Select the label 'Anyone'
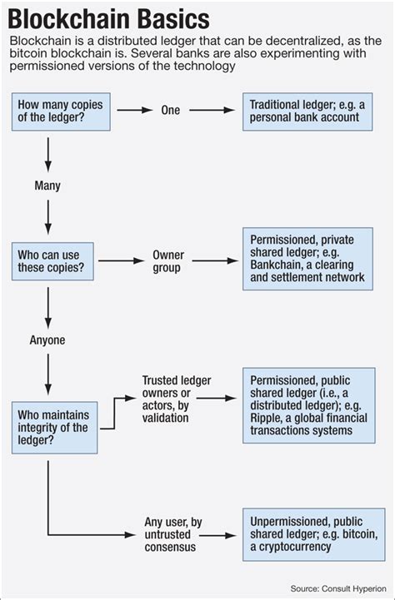tap(47, 340)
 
